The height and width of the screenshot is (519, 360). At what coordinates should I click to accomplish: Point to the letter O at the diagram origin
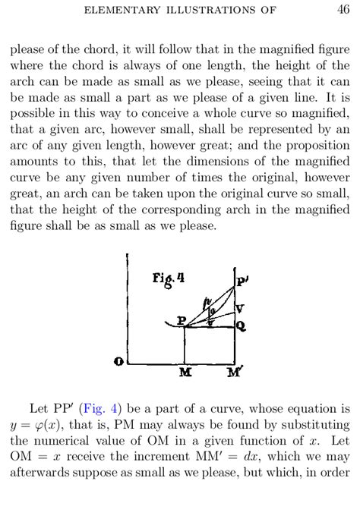point(119,362)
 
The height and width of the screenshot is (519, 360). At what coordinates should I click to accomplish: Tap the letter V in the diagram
point(240,308)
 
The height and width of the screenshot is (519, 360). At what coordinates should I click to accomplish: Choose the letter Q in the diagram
point(240,326)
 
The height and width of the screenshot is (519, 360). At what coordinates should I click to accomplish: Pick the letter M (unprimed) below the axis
point(185,373)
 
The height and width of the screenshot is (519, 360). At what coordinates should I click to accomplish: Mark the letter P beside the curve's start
point(181,321)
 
